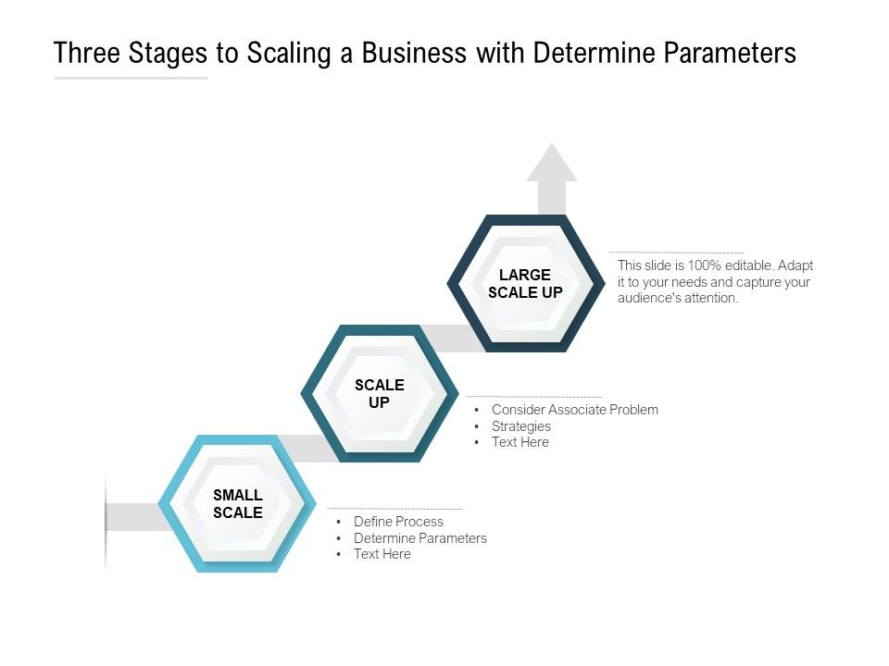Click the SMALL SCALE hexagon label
238,504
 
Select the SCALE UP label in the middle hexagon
380,394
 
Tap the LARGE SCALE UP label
525,284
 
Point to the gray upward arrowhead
552,165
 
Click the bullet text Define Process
398,522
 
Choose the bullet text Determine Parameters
419,538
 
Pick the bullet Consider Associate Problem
574,410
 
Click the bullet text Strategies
520,426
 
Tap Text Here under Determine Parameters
382,554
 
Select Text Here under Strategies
520,442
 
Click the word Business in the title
413,54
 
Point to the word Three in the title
86,54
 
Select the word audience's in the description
649,298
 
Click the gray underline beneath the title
131,78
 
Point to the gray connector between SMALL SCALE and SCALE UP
307,448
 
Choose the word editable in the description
751,265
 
